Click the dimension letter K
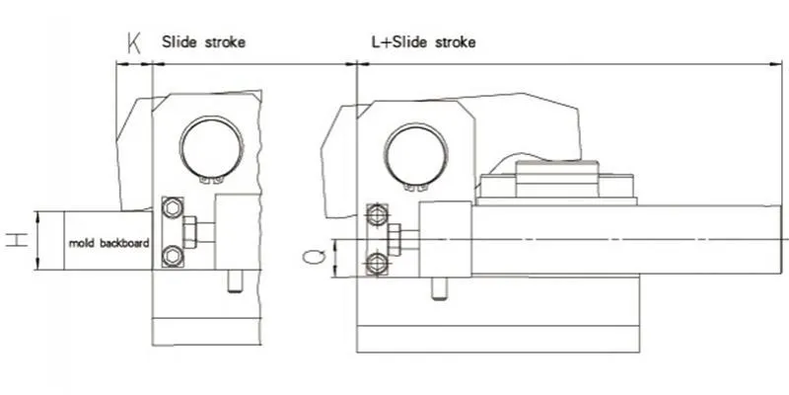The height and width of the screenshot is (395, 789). (134, 43)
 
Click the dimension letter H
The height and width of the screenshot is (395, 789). (18, 240)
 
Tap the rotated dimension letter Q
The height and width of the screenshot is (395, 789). (314, 257)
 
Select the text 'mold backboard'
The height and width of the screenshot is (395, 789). (108, 243)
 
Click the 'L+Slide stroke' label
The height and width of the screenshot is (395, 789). (423, 41)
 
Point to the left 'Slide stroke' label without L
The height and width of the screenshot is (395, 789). (203, 41)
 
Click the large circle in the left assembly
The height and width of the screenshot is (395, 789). (211, 146)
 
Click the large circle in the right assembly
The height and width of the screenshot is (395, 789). (415, 154)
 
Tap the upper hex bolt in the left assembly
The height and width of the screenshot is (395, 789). (173, 208)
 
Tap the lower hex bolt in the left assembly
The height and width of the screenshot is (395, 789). (173, 256)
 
